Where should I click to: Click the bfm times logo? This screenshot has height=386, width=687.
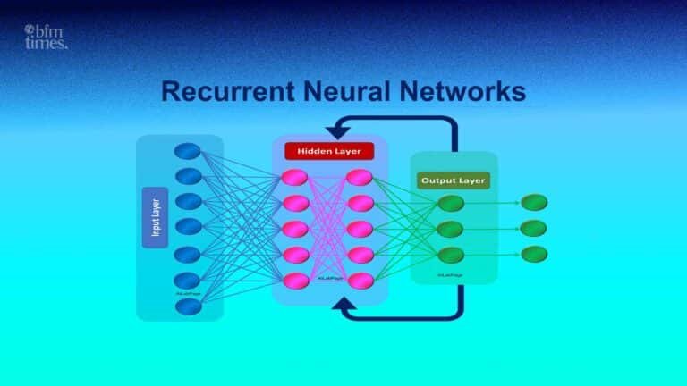coord(46,37)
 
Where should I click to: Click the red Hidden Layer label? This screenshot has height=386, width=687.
coord(328,151)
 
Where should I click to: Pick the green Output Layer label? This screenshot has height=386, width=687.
coord(452,180)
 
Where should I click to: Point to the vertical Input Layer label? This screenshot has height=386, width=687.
coord(156,217)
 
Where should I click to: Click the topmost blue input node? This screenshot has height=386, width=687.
coord(187,150)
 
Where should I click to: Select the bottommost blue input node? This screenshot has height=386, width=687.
coord(187,306)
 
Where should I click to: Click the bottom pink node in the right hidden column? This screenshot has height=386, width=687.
coord(360,281)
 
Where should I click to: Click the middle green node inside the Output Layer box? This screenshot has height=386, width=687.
coord(451,229)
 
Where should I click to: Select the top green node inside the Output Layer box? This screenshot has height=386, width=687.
coord(451,203)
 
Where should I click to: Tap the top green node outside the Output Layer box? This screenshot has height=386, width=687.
coord(533,203)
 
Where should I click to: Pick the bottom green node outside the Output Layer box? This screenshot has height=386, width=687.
coord(533,254)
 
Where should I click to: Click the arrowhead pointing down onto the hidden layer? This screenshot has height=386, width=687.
coord(338,130)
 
